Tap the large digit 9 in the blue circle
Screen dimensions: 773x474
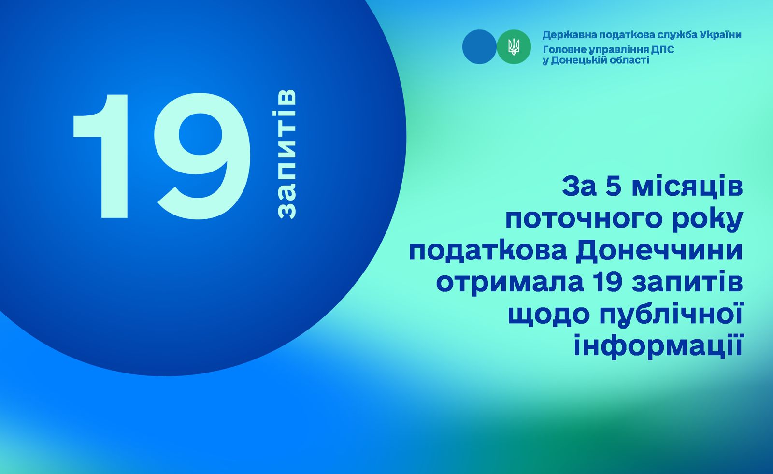click(x=202, y=156)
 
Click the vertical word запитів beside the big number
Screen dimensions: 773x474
click(x=287, y=154)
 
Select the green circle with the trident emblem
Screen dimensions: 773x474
click(x=514, y=46)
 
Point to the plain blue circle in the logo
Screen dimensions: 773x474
click(x=479, y=46)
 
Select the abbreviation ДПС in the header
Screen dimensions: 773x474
click(x=663, y=50)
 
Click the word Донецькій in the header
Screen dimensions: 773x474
click(x=575, y=60)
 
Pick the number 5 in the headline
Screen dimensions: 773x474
click(x=614, y=187)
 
